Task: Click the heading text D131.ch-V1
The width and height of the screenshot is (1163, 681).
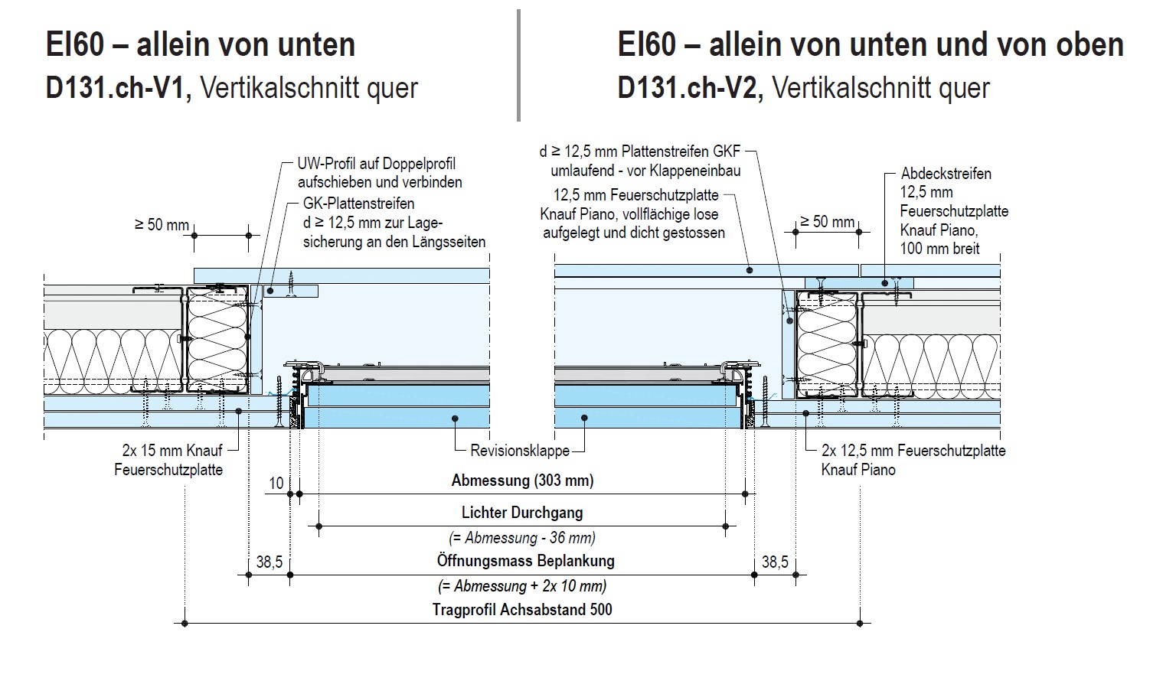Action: [x=119, y=88]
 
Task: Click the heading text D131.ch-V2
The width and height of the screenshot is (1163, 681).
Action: [x=690, y=88]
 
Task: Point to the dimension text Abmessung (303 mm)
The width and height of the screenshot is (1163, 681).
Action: [x=522, y=481]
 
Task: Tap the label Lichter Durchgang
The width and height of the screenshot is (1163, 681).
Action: [x=521, y=513]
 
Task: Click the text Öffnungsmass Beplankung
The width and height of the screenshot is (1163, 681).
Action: [x=525, y=561]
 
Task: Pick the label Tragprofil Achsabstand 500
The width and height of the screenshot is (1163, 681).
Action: [x=522, y=610]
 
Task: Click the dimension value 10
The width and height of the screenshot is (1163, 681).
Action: [x=276, y=484]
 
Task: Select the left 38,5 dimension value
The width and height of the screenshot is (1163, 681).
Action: [x=269, y=562]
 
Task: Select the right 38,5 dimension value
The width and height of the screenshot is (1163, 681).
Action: [x=774, y=562]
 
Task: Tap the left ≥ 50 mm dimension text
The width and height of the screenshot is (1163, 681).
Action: [x=162, y=225]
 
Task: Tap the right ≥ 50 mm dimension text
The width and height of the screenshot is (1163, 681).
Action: [x=827, y=222]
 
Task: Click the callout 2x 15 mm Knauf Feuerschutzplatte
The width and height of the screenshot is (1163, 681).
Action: [x=169, y=460]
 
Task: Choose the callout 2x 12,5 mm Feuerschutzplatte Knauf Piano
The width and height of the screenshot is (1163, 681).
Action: [x=913, y=460]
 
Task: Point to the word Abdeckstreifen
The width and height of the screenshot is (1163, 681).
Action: [x=946, y=174]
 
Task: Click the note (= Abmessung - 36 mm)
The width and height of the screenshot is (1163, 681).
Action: [x=521, y=537]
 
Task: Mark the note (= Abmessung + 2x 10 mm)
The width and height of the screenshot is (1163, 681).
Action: [x=522, y=586]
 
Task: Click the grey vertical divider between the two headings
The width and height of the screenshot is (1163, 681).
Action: [x=518, y=65]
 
